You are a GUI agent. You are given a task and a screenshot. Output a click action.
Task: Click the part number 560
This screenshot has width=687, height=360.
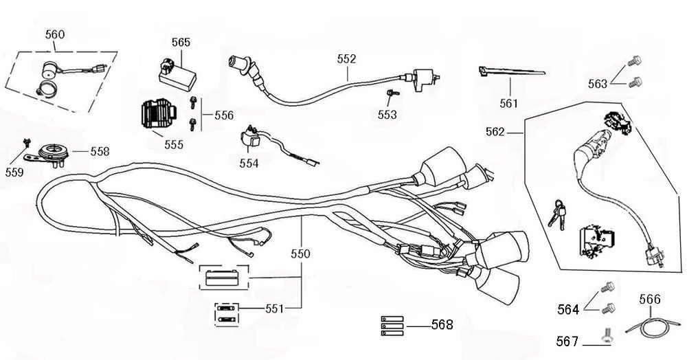pos(56,34)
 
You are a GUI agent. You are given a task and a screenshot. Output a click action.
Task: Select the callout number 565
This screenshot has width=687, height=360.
pos(181,42)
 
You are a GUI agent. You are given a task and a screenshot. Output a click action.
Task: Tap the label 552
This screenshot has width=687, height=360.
pos(347,59)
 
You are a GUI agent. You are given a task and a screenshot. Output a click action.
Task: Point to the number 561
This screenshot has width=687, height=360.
pos(509,104)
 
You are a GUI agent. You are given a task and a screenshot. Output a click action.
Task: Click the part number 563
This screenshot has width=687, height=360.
pos(598,83)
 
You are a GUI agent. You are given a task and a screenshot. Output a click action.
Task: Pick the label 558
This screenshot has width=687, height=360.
pos(99,150)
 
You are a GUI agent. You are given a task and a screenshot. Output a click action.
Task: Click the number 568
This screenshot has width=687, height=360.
pos(442,324)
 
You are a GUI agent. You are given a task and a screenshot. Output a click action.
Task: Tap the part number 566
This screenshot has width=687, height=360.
pos(649,300)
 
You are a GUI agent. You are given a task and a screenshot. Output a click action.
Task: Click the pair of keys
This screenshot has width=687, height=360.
pos(557,211)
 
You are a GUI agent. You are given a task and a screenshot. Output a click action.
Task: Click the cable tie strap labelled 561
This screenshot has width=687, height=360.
pos(508,73)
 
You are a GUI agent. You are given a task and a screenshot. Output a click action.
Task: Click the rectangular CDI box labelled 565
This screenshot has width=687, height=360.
pos(177,71)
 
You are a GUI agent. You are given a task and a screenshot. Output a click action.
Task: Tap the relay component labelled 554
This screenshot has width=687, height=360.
pos(251,139)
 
